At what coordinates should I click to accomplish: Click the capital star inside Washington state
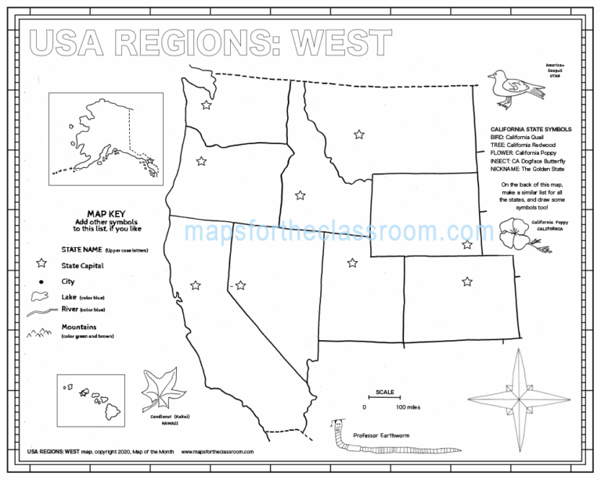[x=207, y=105]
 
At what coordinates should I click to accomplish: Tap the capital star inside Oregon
[x=201, y=161]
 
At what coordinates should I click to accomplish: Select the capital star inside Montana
[x=358, y=134]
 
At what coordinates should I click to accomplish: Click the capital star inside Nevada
[x=240, y=285]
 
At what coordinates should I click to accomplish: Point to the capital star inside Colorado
[x=467, y=281]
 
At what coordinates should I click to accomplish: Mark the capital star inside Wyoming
[x=467, y=245]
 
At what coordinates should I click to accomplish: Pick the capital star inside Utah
[x=352, y=263]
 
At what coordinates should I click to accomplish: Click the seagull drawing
[x=513, y=88]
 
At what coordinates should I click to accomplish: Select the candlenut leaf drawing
[x=160, y=392]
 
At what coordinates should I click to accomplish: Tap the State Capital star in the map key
[x=41, y=266]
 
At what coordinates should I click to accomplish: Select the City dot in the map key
[x=41, y=281]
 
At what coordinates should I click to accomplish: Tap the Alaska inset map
[x=103, y=138]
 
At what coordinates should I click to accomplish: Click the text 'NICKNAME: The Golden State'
[x=529, y=169]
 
